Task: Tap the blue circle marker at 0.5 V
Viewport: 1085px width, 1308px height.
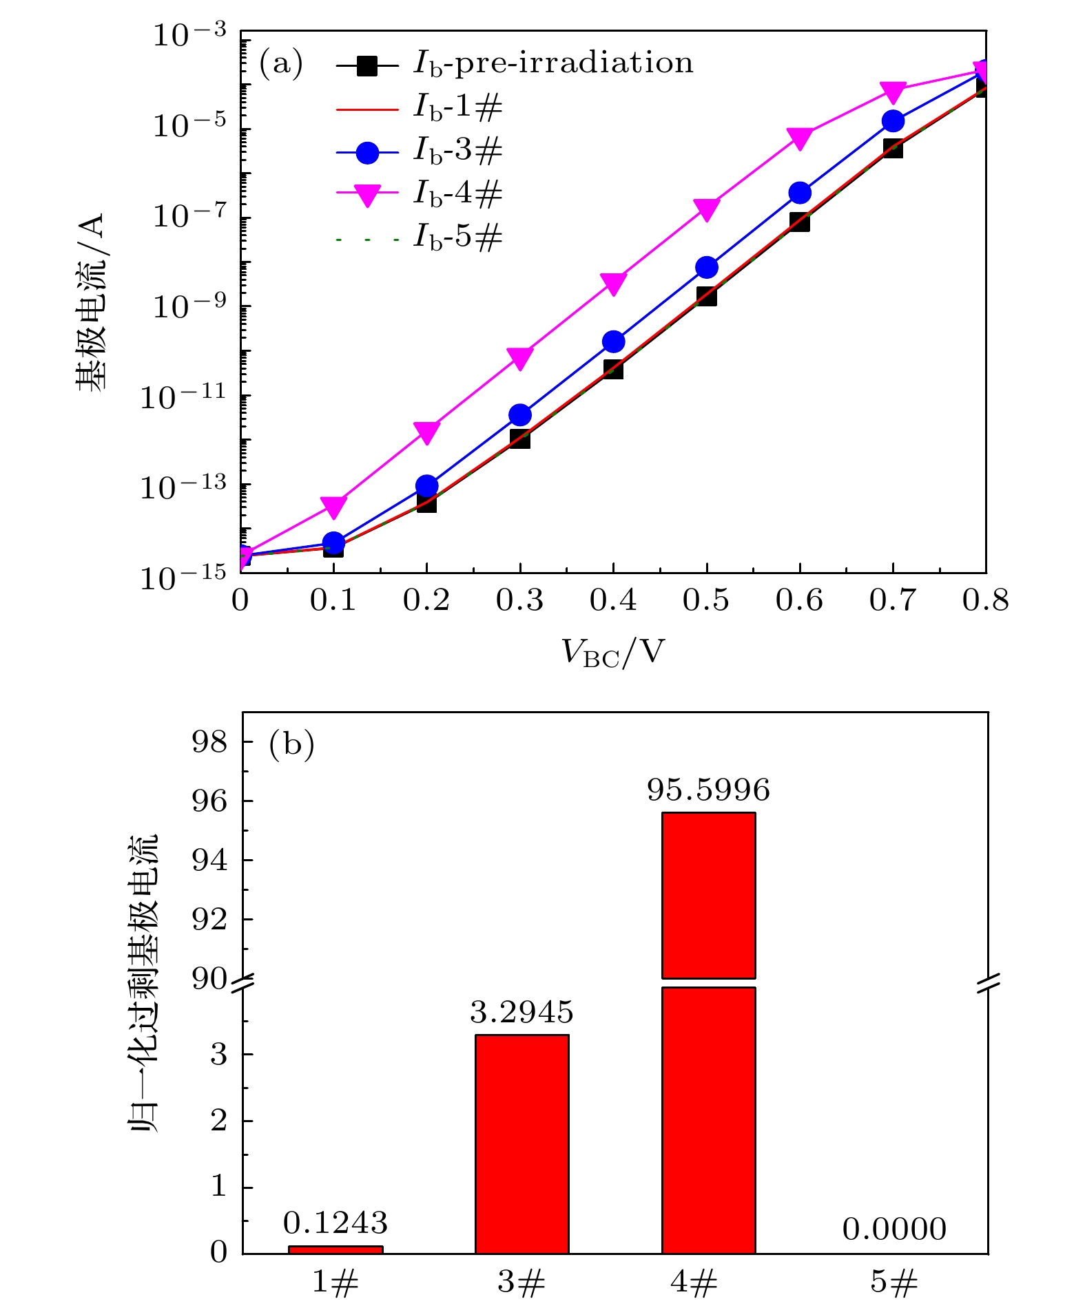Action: coord(706,267)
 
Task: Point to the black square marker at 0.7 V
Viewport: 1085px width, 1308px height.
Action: coord(893,147)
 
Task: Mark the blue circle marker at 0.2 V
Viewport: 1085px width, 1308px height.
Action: coord(427,486)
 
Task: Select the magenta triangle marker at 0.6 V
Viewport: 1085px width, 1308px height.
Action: coord(800,138)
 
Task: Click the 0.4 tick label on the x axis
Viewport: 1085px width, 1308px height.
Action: coord(612,600)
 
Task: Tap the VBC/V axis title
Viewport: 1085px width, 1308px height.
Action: coord(612,652)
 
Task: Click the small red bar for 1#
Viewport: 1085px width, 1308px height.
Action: coord(335,1249)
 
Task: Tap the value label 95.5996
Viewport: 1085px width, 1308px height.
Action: coord(708,790)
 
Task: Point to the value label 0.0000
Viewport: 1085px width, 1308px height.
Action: coord(894,1230)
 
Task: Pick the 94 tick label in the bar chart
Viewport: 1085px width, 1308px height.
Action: coord(209,861)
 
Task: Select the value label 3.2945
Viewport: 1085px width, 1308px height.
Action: coord(521,1012)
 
